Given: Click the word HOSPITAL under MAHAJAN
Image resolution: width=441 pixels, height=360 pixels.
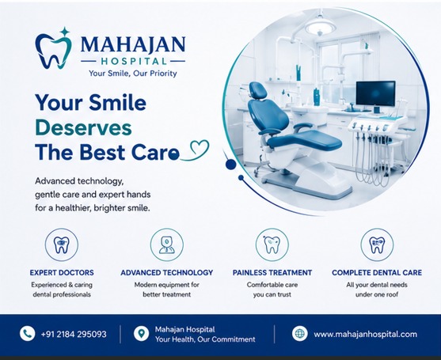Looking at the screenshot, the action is [133, 61].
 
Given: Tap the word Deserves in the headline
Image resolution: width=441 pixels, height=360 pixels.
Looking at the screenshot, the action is [84, 128].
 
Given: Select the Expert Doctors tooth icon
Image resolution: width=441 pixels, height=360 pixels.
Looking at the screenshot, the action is [62, 244].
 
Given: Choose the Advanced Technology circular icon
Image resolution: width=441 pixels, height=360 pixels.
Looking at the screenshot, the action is [167, 244].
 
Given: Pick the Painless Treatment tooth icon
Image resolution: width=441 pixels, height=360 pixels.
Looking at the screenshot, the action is [272, 244].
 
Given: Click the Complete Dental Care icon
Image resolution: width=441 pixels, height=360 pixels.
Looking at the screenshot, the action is [377, 244].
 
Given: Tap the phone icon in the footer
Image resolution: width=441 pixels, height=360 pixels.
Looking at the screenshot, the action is [27, 334].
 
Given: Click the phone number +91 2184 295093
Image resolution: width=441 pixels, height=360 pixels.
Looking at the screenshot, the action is [74, 334].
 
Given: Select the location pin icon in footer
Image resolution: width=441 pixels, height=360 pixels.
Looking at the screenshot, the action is [141, 334].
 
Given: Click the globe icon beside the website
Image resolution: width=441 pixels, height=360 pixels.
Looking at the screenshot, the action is [299, 334].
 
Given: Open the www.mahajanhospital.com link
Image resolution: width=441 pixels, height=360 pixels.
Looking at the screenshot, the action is [365, 334].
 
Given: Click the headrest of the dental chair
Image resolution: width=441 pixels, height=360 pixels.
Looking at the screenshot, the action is [258, 90].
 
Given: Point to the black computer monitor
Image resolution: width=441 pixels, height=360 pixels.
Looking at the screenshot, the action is [375, 93].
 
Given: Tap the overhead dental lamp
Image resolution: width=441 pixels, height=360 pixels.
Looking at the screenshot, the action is [321, 27].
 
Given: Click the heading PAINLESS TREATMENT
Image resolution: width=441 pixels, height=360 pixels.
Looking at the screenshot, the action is [272, 273].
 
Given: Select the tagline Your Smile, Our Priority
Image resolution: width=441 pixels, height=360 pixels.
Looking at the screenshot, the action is [133, 74].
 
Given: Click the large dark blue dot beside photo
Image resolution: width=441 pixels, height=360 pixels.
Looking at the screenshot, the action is [231, 165].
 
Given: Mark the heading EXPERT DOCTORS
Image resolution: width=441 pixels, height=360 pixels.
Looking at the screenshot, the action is [62, 273].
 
